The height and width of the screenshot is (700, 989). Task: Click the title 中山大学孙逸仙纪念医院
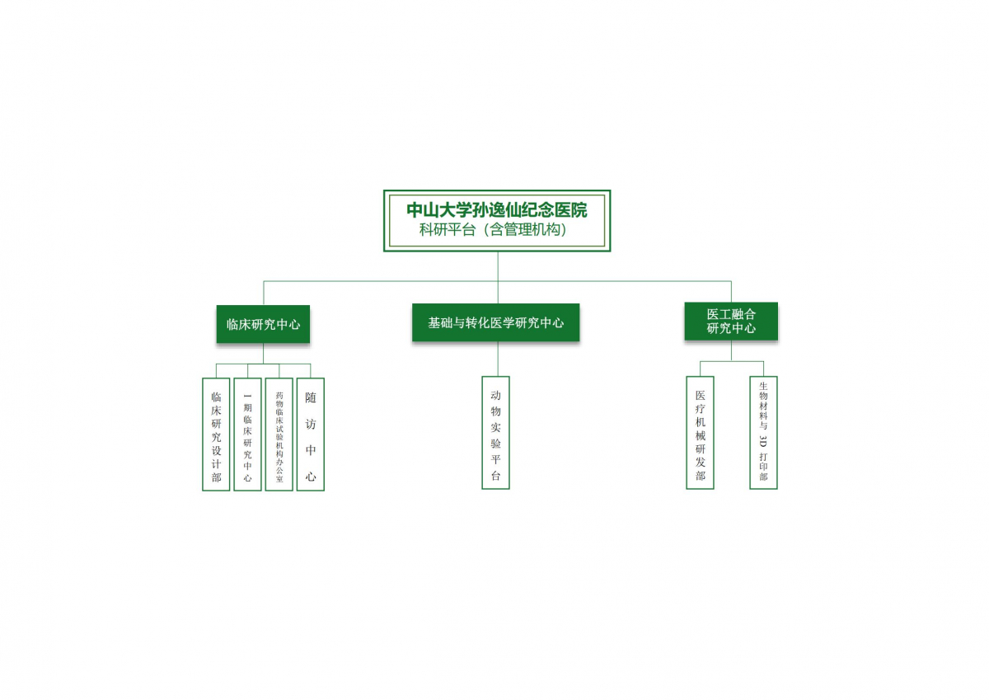[x=497, y=210]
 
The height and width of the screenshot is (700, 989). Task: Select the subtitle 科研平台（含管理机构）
[x=493, y=230]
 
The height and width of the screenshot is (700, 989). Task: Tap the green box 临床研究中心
[x=263, y=324]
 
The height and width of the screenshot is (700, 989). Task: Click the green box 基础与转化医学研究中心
[x=496, y=323]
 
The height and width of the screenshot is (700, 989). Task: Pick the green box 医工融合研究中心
[x=731, y=321]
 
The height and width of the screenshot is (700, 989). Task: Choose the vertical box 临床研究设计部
[x=216, y=435]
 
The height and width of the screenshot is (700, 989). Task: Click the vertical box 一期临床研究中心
[x=248, y=435]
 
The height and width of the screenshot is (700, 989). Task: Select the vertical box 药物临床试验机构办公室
[x=279, y=435]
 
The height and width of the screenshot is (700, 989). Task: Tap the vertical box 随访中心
[x=311, y=435]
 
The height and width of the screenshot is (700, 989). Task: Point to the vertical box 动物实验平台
[x=496, y=433]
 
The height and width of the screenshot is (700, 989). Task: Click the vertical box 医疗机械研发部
[x=701, y=433]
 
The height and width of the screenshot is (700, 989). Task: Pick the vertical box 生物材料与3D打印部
[x=763, y=433]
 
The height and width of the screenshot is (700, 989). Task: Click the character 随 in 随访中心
[x=311, y=398]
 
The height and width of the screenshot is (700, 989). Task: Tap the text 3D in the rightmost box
[x=763, y=441]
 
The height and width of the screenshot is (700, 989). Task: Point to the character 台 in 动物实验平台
[x=496, y=476]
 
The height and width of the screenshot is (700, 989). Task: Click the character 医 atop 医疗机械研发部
[x=701, y=395]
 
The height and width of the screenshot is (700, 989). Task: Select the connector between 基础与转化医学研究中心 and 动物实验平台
[x=498, y=359]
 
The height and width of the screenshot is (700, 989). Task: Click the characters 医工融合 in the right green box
[x=731, y=314]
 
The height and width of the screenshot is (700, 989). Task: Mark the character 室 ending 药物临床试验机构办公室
[x=279, y=479]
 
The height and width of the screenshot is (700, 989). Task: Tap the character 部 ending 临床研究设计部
[x=216, y=477]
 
